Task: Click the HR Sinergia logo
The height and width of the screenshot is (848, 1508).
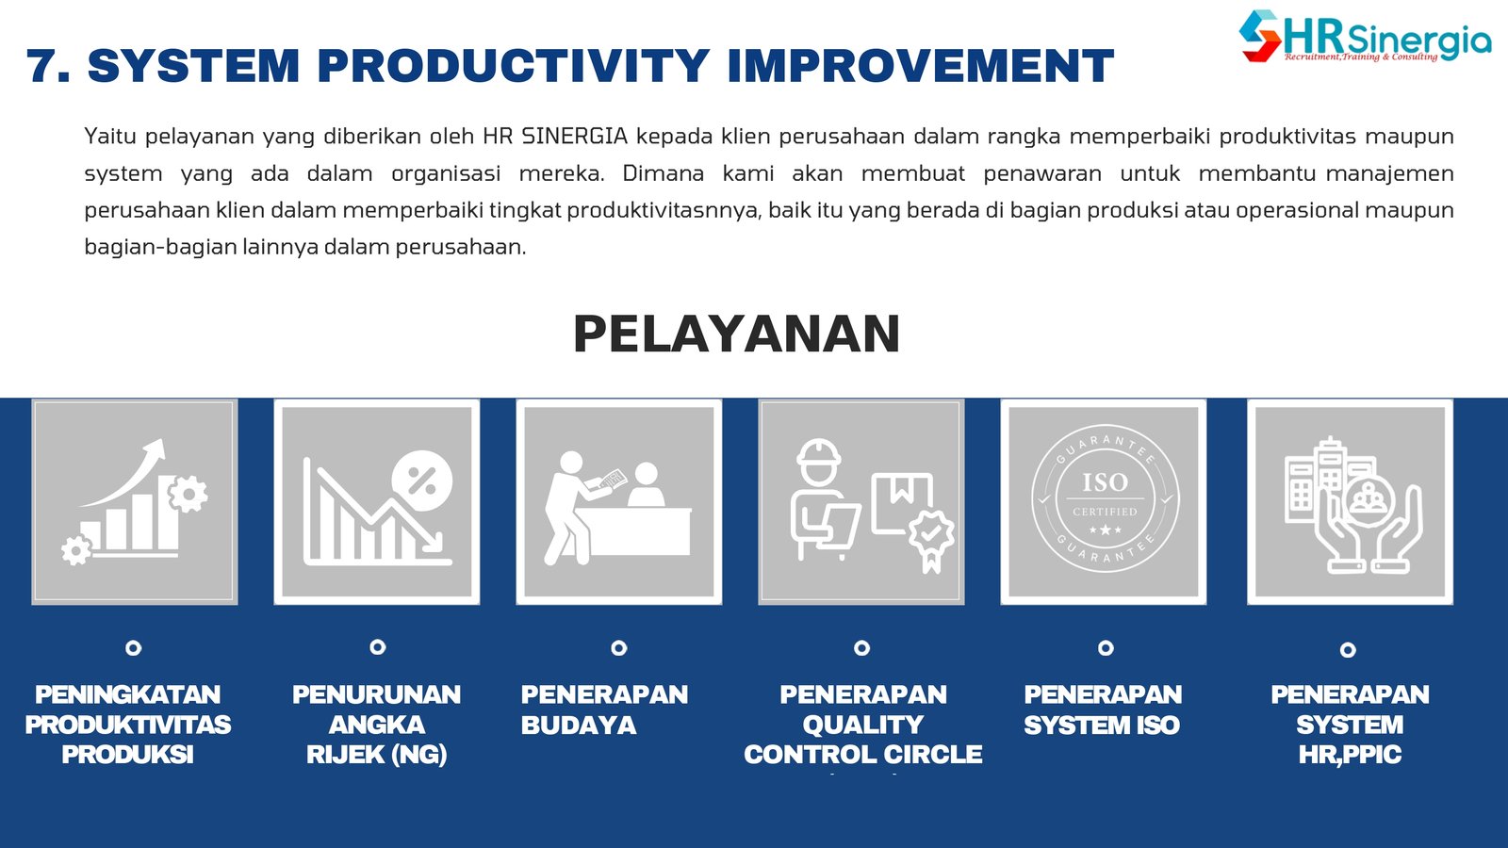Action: pos(1365,37)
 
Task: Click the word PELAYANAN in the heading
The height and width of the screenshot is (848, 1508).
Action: pos(736,334)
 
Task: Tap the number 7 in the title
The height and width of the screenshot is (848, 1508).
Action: pos(48,65)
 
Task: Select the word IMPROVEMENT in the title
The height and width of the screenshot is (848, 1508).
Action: pos(920,65)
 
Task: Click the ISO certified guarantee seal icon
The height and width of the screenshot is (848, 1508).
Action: pos(1104,498)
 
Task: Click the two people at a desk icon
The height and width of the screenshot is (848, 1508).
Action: pos(617,508)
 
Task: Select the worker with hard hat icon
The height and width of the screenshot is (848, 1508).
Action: pos(872,506)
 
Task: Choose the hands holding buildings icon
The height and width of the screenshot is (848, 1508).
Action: pos(1353,505)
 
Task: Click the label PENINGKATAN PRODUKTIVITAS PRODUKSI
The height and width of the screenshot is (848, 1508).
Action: pos(128,725)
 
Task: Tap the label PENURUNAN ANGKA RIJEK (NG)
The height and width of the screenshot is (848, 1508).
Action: pos(377,725)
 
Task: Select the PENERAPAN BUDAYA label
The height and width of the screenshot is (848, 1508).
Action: pos(604,709)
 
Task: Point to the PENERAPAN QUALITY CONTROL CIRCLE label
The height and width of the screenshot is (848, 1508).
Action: pos(863,725)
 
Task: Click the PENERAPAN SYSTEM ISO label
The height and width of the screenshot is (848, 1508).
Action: pos(1103,709)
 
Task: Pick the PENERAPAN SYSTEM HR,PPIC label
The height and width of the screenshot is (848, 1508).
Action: pos(1350,725)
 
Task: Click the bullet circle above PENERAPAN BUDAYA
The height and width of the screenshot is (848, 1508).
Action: pos(618,647)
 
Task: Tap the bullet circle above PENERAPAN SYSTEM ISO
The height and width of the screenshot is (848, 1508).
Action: pos(1106,647)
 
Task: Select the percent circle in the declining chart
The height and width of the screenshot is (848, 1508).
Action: pos(422,481)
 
